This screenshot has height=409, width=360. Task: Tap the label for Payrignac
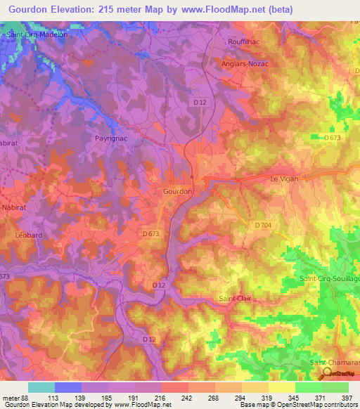tap(110, 138)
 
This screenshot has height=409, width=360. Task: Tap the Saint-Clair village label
tap(236, 299)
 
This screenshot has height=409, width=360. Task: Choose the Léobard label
tap(29, 235)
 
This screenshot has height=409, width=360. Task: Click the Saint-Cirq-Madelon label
tap(36, 34)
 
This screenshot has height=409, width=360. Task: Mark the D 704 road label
tap(263, 225)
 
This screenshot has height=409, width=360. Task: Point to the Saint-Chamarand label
tap(335, 362)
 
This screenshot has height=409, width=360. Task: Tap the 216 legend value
tap(160, 398)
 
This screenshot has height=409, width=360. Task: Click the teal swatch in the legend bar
tap(41, 387)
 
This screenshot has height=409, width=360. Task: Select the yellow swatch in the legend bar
tap(282, 387)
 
